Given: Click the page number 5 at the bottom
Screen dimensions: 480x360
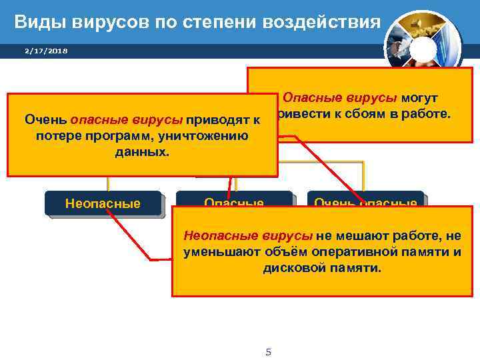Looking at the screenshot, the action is [x=268, y=352].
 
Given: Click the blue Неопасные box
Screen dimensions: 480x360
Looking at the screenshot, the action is [x=103, y=203].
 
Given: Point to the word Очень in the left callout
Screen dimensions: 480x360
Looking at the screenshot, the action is [x=45, y=121].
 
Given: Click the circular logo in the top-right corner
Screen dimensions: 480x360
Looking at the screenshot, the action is [x=423, y=40].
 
